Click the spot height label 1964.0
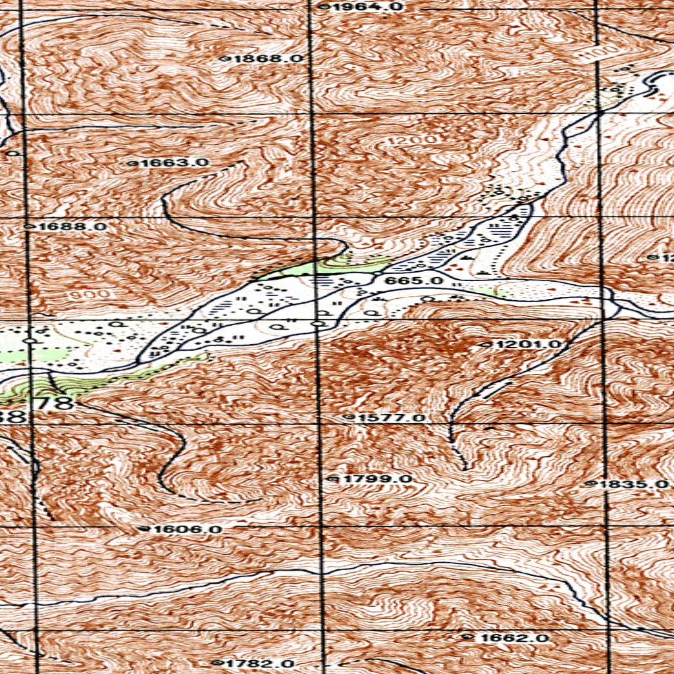[x=365, y=7]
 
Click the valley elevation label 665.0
[x=415, y=281]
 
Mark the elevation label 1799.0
[x=375, y=479]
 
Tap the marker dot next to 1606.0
[x=148, y=529]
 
